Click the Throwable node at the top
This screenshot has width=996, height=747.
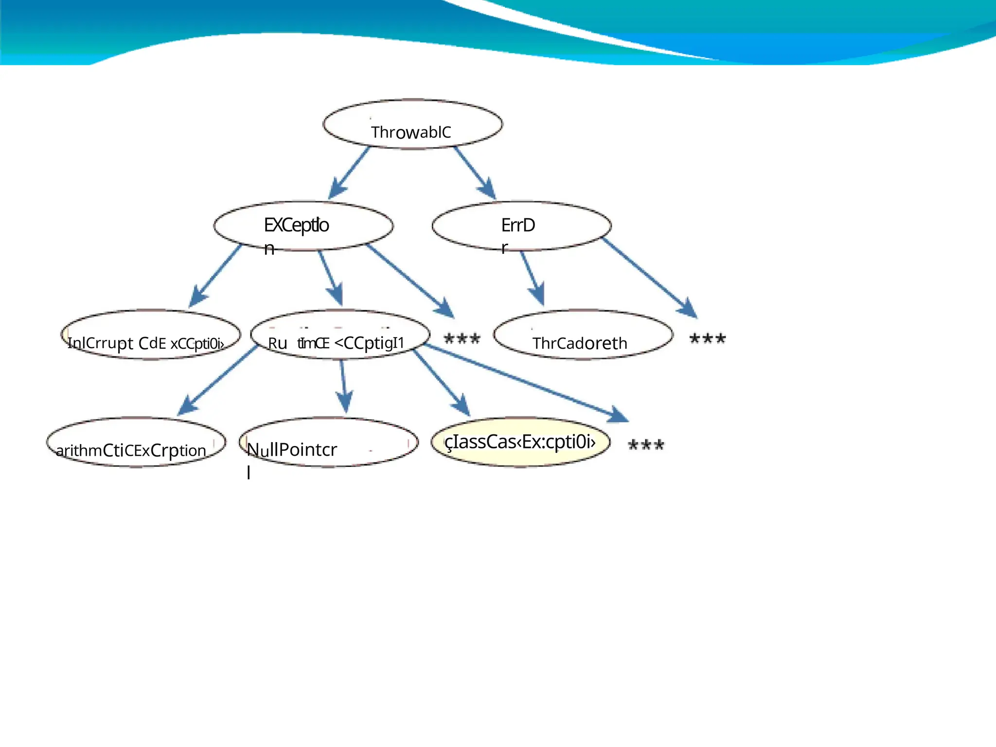click(412, 124)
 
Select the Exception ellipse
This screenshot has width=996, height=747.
click(303, 226)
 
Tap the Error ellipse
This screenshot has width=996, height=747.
click(521, 226)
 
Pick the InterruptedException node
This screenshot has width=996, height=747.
click(151, 335)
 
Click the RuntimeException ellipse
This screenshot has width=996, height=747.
click(340, 335)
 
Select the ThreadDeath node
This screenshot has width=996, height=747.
click(583, 335)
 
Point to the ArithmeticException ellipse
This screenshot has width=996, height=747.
click(136, 443)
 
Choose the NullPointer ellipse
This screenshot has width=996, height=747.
click(329, 443)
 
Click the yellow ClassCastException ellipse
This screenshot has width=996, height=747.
click(520, 442)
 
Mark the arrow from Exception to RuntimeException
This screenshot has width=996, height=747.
click(331, 278)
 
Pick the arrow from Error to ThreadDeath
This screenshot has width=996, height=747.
click(532, 278)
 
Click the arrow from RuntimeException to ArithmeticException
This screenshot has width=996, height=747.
click(219, 379)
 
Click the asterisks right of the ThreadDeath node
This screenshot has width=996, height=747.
click(708, 338)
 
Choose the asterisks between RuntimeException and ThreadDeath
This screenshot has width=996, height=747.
click(462, 338)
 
